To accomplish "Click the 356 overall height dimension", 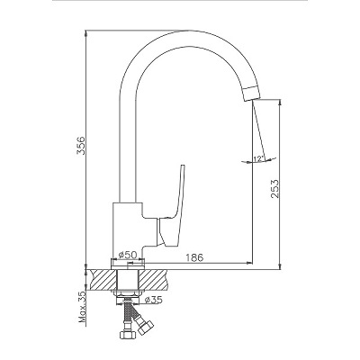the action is point(81,145).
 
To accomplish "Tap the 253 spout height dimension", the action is point(274,189).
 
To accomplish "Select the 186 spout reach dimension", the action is point(194,257).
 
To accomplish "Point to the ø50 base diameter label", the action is point(128,255).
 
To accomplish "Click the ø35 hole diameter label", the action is point(153,300).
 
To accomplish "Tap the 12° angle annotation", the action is point(258,158).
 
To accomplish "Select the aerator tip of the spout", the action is point(252,94).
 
